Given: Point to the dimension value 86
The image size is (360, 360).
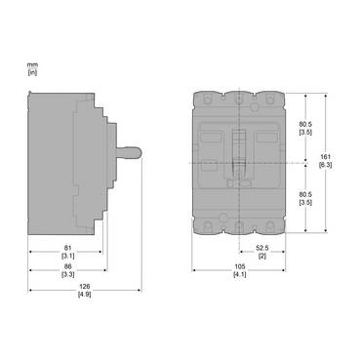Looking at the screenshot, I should click(x=66, y=265).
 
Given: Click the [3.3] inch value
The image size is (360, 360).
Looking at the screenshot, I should click(x=66, y=274).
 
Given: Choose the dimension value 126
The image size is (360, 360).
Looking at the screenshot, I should click(x=85, y=286).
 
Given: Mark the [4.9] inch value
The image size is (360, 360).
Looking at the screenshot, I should click(x=85, y=295).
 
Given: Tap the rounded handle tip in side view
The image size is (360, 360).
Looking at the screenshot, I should click(x=140, y=156).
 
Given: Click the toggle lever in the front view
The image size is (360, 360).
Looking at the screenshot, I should click(x=237, y=150).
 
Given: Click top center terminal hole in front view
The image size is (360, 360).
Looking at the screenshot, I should click(x=237, y=99).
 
